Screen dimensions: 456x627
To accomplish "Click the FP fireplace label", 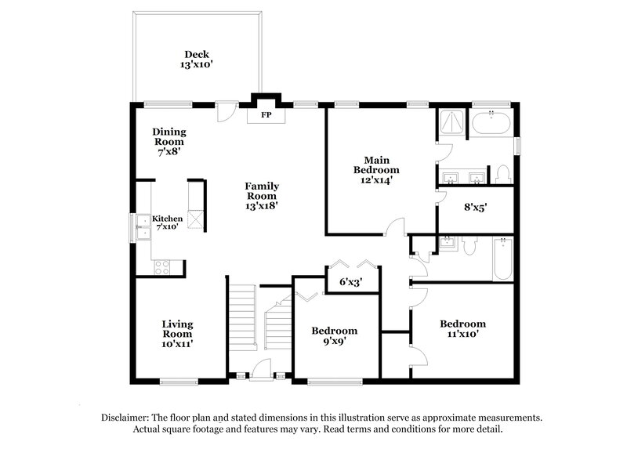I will point(265,115).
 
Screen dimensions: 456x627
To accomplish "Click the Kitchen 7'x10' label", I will point(167,223).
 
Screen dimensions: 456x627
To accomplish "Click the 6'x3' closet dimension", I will point(350,280).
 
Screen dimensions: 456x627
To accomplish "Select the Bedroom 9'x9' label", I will point(334,335).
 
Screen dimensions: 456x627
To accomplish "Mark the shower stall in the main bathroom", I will point(450,122).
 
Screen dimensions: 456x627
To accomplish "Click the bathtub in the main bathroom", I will point(491,123).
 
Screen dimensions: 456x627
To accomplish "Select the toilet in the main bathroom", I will point(502,173).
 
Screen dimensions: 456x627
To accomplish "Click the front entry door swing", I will point(263,367).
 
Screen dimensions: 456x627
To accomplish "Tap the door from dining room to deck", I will point(226,111).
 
